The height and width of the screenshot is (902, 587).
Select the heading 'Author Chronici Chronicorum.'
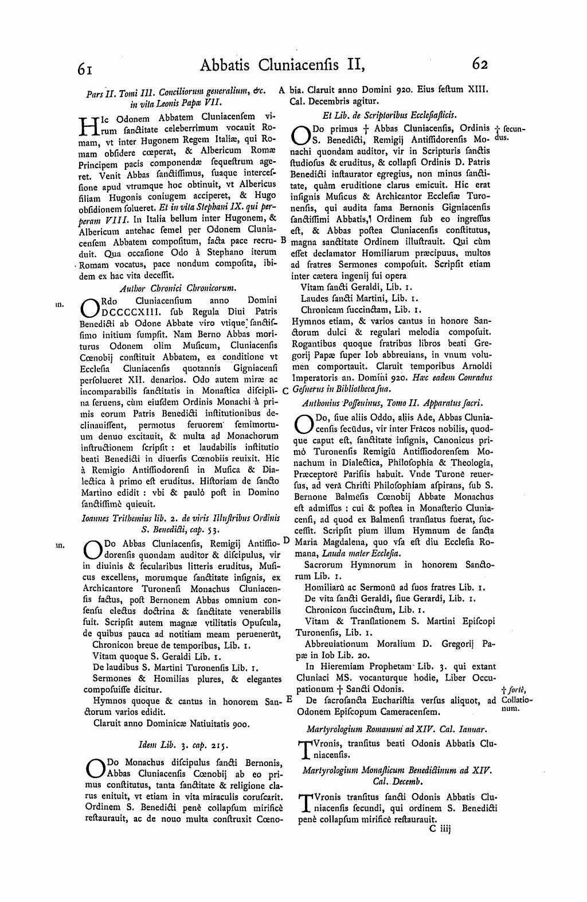[x=178, y=289]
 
